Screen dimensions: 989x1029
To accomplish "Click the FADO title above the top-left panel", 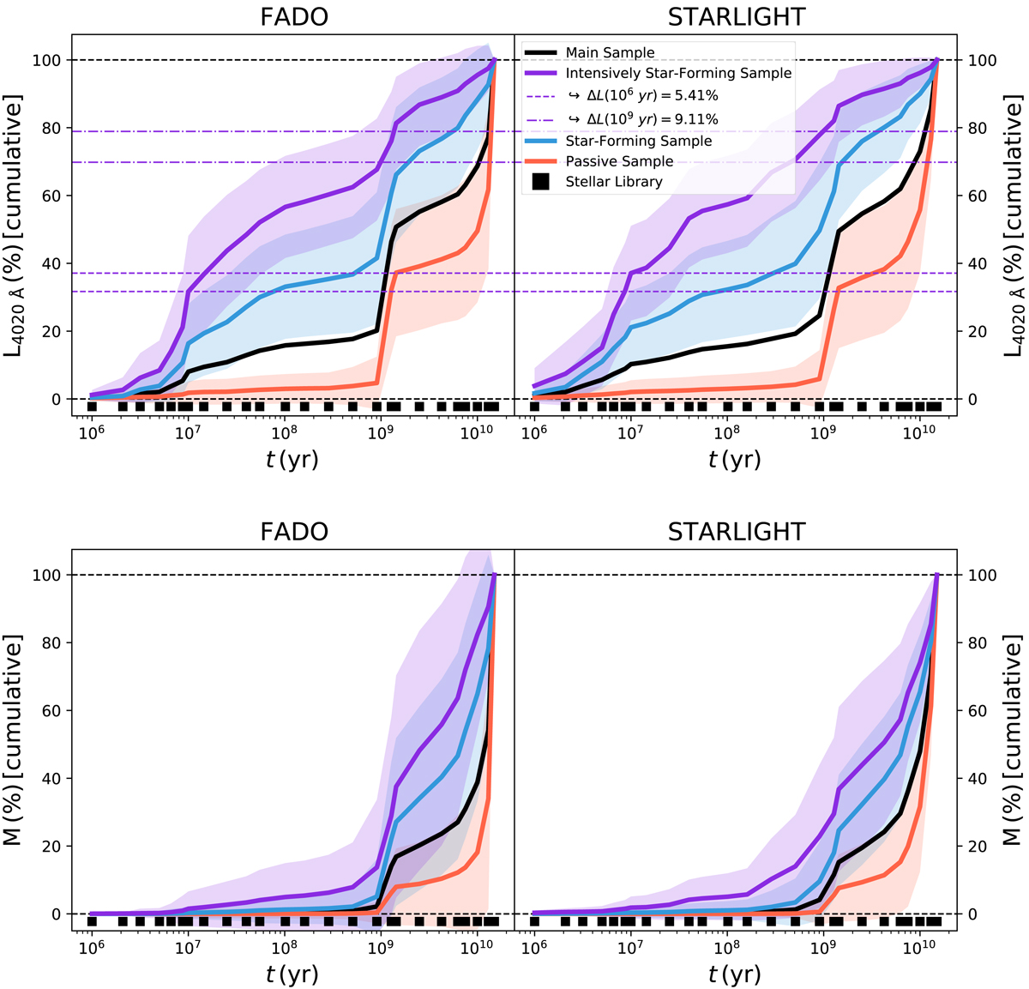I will point(293,17).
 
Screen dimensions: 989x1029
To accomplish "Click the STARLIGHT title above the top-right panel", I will point(736,17).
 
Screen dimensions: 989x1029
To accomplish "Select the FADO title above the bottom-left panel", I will point(293,532).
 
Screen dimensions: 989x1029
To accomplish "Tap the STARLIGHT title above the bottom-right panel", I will point(736,532).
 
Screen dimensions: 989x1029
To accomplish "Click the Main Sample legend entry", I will point(610,53).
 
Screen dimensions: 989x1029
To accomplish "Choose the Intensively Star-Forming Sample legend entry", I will point(678,74).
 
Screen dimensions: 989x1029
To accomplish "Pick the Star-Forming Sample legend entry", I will point(638,141).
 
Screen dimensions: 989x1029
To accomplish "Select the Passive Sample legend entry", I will point(619,161).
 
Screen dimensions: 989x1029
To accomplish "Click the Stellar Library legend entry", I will point(614,182).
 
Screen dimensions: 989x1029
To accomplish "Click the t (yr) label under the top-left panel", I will point(292,461).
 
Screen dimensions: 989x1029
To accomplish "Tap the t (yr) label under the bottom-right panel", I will point(735,975).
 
